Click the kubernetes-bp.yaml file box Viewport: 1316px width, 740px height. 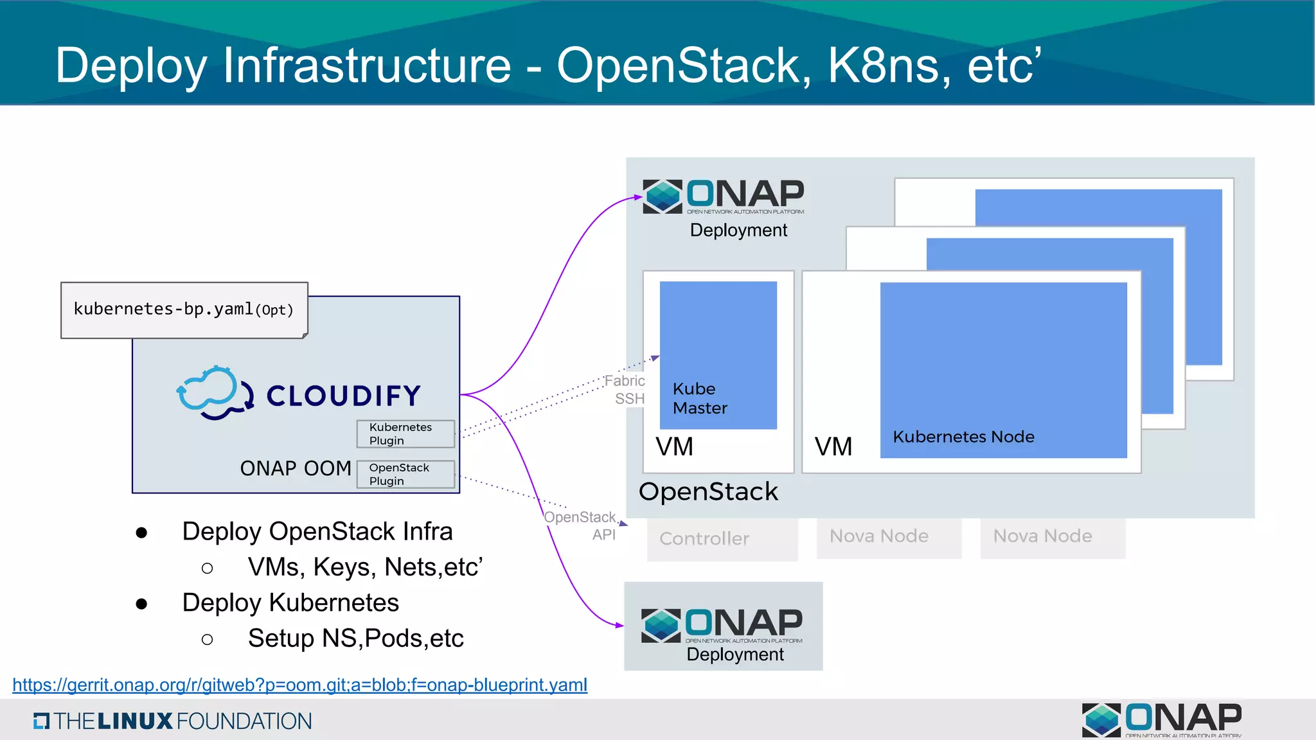184,310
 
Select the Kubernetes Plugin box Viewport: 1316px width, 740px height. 405,434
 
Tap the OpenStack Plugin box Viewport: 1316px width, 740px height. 405,474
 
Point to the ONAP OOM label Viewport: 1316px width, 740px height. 295,468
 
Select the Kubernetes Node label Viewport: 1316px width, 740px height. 963,437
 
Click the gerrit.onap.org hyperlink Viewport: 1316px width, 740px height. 299,685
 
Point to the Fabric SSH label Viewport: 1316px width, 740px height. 627,389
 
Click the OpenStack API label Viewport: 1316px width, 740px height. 582,525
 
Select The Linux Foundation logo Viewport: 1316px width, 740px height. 172,721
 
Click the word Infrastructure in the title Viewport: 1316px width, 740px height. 366,66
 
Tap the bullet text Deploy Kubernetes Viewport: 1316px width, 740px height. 290,603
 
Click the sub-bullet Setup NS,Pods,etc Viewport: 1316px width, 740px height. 355,639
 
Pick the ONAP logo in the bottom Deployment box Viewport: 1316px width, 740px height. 722,625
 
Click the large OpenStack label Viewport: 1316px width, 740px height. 707,491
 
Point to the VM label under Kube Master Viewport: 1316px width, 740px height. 674,446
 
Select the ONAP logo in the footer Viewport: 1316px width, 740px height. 1162,719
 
